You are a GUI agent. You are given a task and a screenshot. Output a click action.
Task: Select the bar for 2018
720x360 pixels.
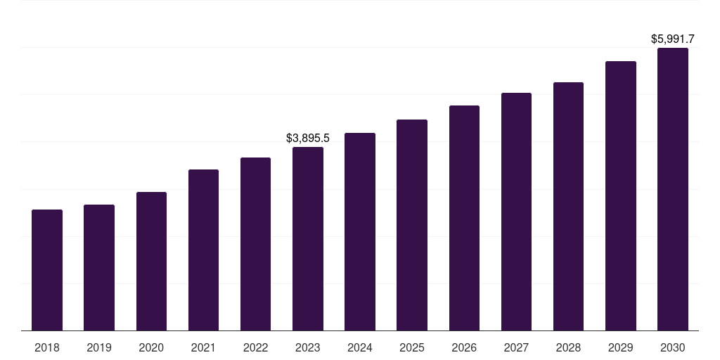coord(47,270)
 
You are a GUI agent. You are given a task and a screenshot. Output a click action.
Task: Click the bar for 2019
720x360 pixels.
coord(99,267)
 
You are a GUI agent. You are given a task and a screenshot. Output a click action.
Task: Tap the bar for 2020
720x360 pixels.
coord(151,261)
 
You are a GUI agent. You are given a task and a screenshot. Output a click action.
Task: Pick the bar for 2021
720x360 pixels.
coord(203,250)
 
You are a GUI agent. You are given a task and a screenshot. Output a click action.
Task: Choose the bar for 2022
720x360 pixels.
coord(255,244)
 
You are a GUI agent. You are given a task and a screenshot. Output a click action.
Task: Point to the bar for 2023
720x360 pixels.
coord(308,238)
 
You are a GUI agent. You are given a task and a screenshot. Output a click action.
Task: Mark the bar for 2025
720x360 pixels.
coord(412,225)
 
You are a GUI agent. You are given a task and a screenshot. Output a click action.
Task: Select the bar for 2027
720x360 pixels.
coord(516,212)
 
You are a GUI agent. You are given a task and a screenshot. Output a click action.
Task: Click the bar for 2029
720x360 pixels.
coord(621,195)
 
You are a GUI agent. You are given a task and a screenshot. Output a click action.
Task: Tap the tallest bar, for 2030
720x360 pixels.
coord(673,189)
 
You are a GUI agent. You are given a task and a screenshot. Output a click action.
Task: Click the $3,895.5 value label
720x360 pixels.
coord(308,139)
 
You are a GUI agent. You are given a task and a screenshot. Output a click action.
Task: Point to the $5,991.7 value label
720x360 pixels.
coord(673,39)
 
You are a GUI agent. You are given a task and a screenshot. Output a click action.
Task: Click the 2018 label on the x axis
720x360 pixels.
coord(47,347)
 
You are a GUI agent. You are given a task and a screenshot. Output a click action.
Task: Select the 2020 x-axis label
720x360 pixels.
coord(151,347)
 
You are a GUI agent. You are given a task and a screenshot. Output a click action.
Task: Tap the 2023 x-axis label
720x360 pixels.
coord(308,347)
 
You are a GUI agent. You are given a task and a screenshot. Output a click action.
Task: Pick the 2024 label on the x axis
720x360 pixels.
coord(360,347)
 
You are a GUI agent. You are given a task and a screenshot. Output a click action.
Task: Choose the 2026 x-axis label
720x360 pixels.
coord(464,347)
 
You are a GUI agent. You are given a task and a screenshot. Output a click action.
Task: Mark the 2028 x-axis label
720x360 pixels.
coord(568,347)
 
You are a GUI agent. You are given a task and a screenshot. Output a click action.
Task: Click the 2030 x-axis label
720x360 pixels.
coord(673,347)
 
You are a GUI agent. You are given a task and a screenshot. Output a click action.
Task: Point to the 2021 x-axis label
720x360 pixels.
coord(203,347)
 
